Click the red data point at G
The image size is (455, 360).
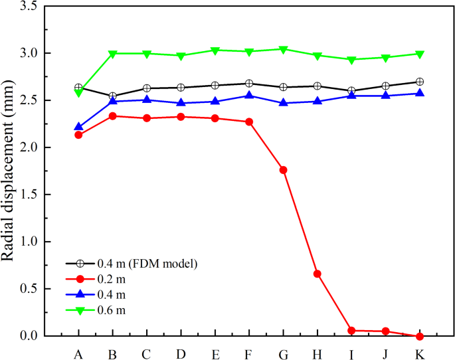tap(284, 170)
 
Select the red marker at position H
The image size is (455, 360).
tap(318, 274)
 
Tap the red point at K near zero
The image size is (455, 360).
tap(419, 336)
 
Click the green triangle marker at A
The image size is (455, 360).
tap(78, 93)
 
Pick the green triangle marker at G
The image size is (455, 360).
tap(284, 50)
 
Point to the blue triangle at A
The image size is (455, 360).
tap(78, 126)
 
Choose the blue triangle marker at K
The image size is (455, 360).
tap(419, 93)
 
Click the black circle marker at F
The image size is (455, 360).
tap(249, 84)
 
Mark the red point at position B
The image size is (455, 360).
tap(113, 116)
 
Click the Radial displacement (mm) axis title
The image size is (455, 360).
tap(11, 171)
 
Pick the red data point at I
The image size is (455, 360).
tap(351, 330)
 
